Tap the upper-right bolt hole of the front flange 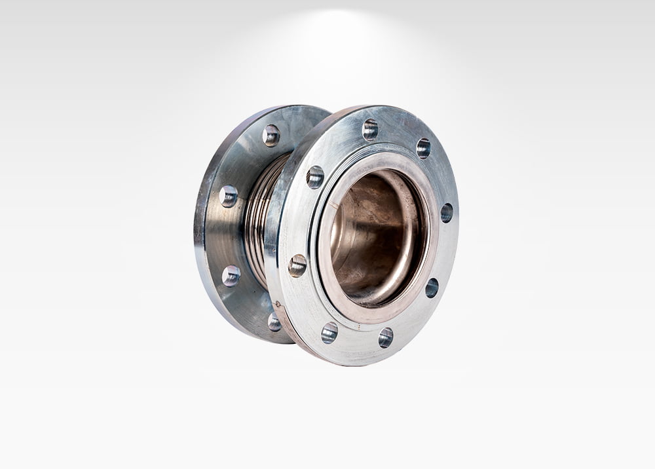423,148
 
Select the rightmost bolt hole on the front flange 447,212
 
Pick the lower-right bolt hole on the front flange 432,288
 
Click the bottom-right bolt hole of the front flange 386,337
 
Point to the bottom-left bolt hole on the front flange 329,332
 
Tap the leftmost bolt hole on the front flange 297,265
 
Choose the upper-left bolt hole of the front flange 315,177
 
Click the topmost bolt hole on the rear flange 271,135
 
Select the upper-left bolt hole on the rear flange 229,196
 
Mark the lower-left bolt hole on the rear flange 231,276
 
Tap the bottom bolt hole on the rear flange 274,322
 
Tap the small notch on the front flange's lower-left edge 278,305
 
